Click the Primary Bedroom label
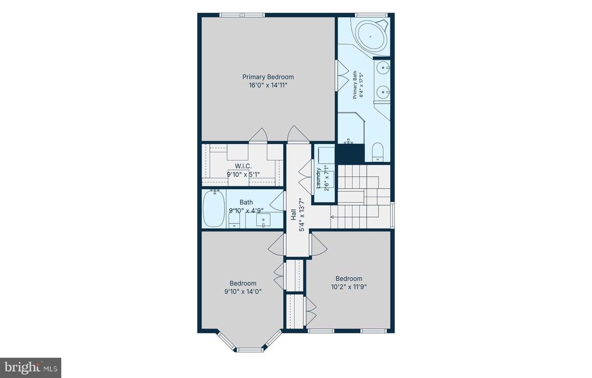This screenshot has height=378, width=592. (268, 77)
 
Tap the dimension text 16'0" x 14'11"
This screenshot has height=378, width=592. (268, 85)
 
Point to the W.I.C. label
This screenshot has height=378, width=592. (243, 166)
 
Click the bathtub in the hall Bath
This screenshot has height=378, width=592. (214, 208)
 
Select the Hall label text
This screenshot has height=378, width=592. (293, 215)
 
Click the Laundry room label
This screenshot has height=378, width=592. (319, 178)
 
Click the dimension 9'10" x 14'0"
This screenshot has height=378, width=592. (243, 291)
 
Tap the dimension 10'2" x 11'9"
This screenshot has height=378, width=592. (349, 287)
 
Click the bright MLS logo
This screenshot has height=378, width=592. (31, 368)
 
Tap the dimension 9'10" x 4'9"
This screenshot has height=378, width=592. (246, 211)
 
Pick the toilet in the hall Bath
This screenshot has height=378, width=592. (235, 221)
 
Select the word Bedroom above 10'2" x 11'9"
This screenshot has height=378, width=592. (349, 278)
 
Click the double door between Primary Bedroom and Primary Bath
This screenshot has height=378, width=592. (342, 75)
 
